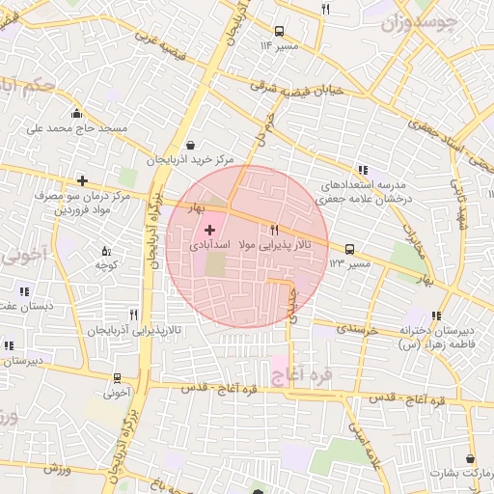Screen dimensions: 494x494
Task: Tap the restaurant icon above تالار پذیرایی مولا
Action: (275, 230)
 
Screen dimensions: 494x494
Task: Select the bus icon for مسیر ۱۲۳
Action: (348, 248)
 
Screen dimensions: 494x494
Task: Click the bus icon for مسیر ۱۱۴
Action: (280, 30)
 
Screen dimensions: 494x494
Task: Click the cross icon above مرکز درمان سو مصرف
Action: (83, 179)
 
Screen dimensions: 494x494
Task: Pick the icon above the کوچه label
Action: (106, 252)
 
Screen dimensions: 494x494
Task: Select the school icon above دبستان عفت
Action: (23, 290)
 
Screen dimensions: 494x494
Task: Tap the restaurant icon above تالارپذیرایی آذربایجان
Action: (133, 314)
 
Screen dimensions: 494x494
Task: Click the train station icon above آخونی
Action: (117, 378)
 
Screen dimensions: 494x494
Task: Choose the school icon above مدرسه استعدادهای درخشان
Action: (362, 169)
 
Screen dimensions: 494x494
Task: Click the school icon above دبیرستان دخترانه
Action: (436, 314)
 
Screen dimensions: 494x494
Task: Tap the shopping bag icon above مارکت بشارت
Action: (470, 458)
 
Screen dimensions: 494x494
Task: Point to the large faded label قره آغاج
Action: (303, 373)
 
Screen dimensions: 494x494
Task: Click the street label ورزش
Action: (58, 468)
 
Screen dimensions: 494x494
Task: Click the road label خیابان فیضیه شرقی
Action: (304, 87)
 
